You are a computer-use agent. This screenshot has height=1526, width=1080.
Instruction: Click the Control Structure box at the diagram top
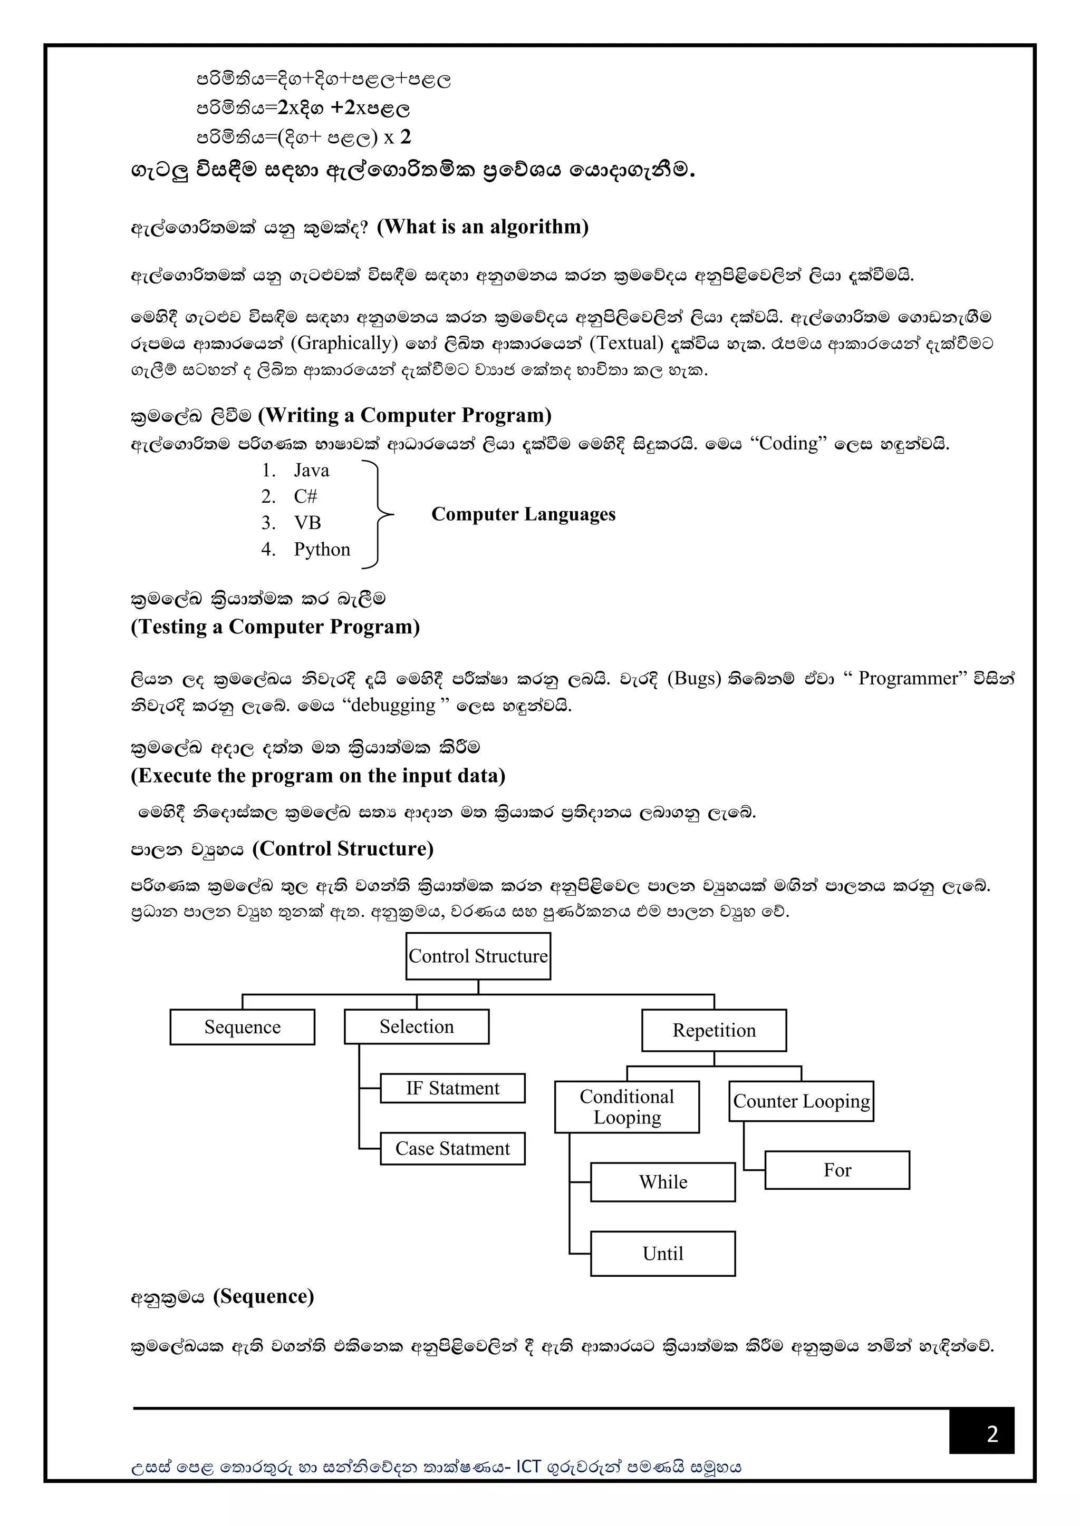click(x=478, y=956)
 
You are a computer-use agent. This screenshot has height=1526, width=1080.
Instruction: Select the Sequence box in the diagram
click(x=242, y=1027)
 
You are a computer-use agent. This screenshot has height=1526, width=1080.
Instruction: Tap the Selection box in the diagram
click(x=416, y=1026)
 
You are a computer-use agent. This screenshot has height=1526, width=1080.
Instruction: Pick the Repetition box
click(x=713, y=1030)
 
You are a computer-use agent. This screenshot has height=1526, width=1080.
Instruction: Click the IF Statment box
click(x=452, y=1088)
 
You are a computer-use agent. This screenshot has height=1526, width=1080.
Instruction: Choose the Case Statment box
click(x=452, y=1149)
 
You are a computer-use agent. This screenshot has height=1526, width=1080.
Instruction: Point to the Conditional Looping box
click(x=626, y=1107)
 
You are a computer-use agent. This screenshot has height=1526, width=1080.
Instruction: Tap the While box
click(x=662, y=1182)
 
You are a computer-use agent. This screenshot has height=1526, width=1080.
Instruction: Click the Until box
click(x=662, y=1254)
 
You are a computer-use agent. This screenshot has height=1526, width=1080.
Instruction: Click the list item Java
click(x=311, y=471)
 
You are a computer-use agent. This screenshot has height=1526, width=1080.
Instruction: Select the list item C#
click(x=305, y=496)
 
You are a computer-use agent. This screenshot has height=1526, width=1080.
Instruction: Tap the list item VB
click(x=307, y=523)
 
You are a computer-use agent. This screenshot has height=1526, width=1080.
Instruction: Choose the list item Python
click(x=322, y=550)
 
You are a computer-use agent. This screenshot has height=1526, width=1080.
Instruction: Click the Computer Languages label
click(x=523, y=514)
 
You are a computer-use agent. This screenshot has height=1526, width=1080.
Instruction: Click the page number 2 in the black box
click(x=992, y=1434)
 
